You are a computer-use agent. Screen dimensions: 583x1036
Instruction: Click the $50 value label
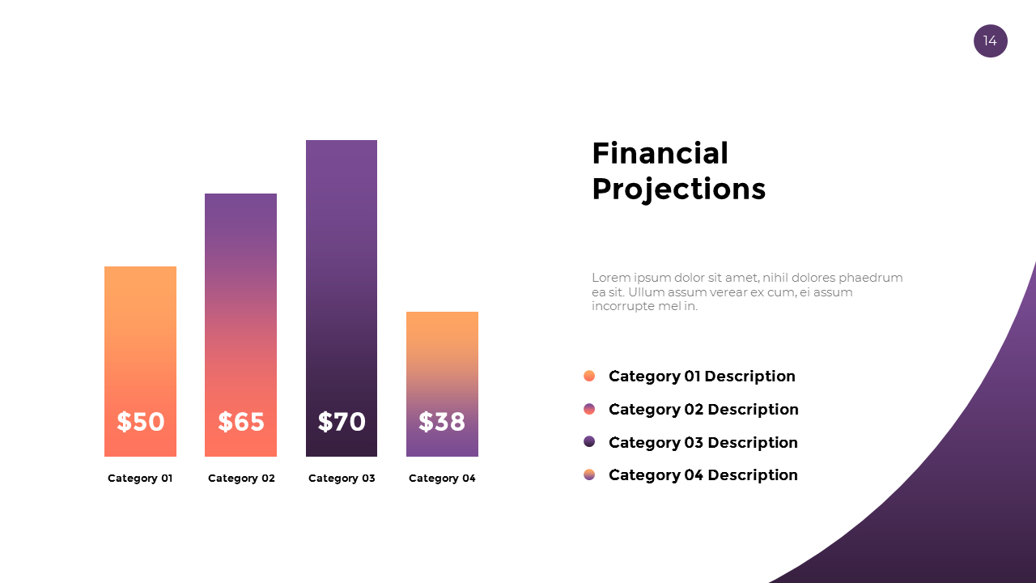[141, 422]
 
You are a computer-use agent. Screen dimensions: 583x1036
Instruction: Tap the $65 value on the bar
[241, 422]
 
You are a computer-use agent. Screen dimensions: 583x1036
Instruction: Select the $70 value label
[342, 422]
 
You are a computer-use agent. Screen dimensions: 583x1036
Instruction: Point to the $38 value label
[442, 422]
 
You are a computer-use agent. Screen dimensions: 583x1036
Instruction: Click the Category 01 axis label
[140, 479]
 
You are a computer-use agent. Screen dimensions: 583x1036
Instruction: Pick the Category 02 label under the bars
[241, 479]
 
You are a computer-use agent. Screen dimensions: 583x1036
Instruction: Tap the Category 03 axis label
[342, 479]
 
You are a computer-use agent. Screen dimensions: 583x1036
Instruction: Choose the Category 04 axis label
[442, 479]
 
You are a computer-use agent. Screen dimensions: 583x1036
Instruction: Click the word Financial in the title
[660, 153]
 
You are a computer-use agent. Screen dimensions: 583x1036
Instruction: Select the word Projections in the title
[678, 189]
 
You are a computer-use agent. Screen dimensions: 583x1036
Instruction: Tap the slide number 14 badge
[990, 40]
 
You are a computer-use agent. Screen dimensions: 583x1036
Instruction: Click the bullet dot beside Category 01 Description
[589, 376]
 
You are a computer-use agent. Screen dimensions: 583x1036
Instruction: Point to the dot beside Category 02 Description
[589, 409]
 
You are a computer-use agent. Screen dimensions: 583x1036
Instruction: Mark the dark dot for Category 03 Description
[589, 441]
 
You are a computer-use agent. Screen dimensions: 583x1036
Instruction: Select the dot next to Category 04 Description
[589, 474]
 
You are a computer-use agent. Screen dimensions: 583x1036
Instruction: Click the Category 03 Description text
[703, 442]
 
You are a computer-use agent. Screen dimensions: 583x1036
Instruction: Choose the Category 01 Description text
[702, 376]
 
